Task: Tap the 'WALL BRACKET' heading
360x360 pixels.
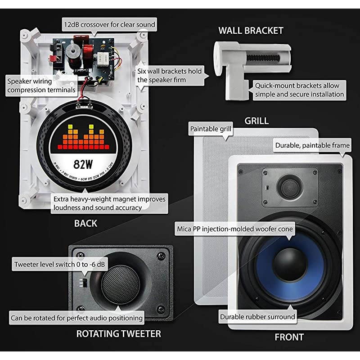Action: pyautogui.click(x=251, y=31)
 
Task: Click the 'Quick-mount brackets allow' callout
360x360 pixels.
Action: pyautogui.click(x=299, y=90)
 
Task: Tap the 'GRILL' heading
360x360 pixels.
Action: pyautogui.click(x=256, y=121)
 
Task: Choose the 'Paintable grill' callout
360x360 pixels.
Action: pyautogui.click(x=211, y=129)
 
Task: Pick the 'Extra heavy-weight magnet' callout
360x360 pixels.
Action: pyautogui.click(x=109, y=203)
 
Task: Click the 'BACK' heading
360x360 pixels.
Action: pyautogui.click(x=85, y=223)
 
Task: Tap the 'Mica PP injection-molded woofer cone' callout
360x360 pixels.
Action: pyautogui.click(x=234, y=229)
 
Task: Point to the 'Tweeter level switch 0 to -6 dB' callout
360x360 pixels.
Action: pyautogui.click(x=60, y=264)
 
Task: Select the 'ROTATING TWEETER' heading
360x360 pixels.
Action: pyautogui.click(x=118, y=334)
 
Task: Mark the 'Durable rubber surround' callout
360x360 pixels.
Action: pyautogui.click(x=257, y=317)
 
